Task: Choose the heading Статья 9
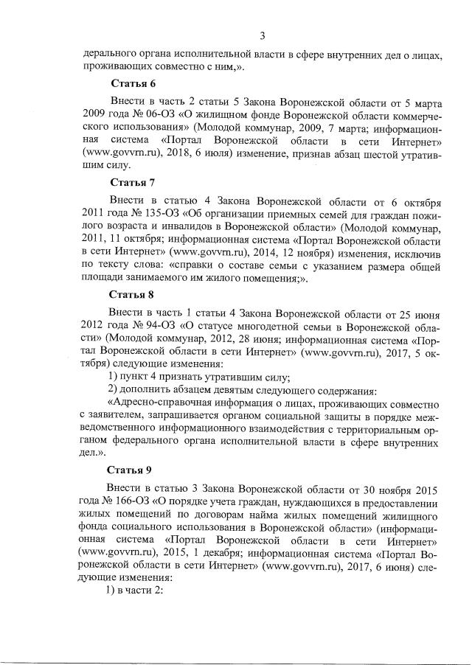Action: tap(130, 469)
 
